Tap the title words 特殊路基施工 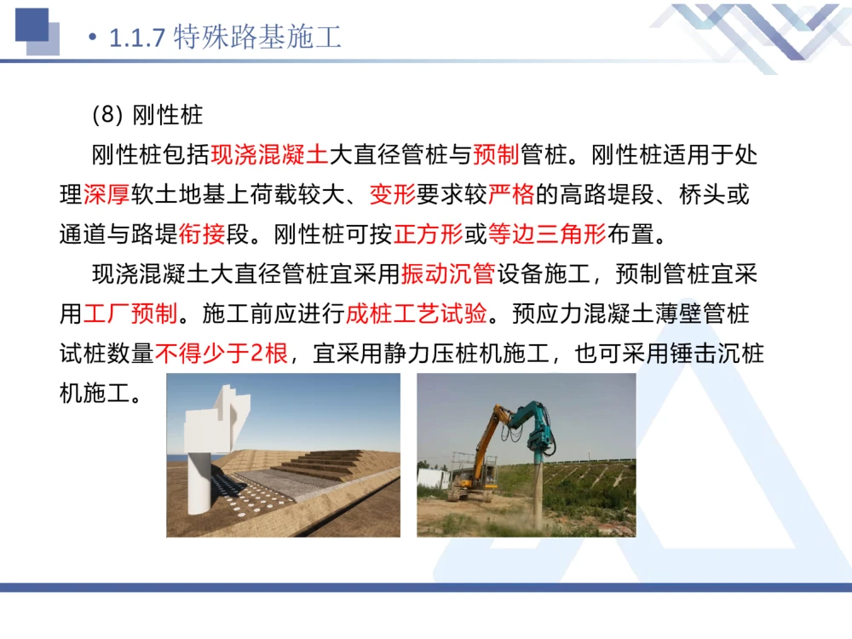tap(256, 38)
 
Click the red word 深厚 tap(106, 194)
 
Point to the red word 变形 tap(392, 194)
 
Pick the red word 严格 tap(511, 194)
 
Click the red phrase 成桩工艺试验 tap(417, 314)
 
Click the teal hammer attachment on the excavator tap(534, 429)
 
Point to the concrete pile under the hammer tap(538, 494)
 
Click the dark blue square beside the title tap(32, 25)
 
